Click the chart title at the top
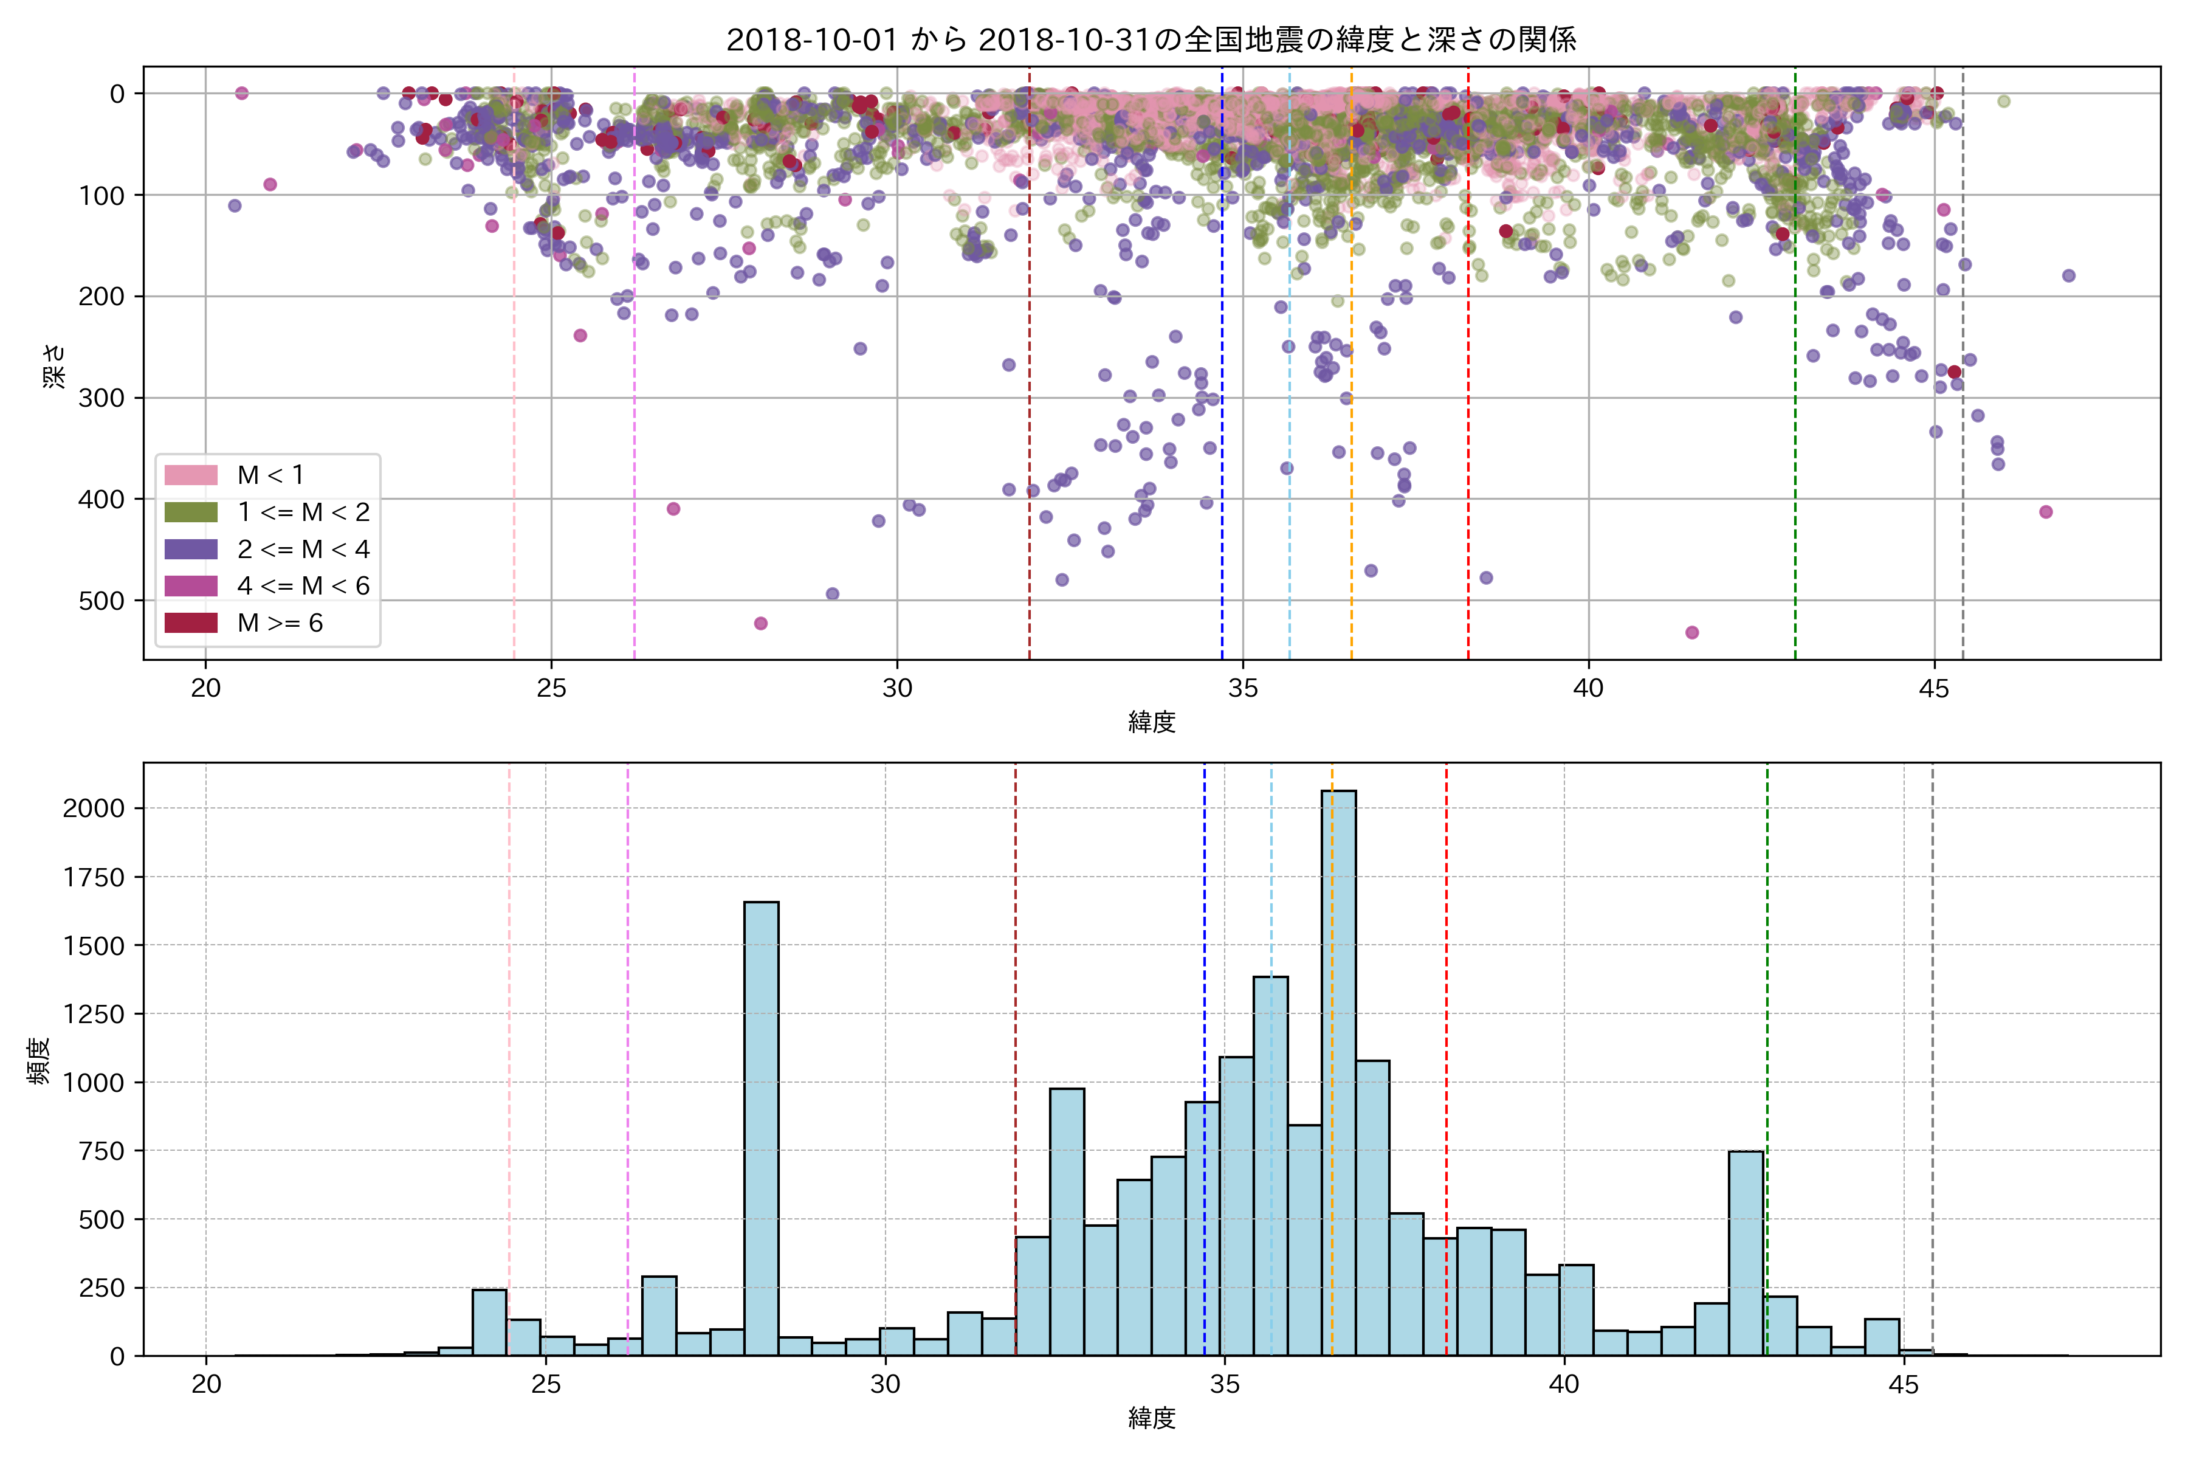pyautogui.click(x=1151, y=40)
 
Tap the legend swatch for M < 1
pyautogui.click(x=191, y=475)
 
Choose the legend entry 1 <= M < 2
pyautogui.click(x=303, y=512)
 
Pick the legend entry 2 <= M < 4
pyautogui.click(x=303, y=549)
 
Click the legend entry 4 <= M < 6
pyautogui.click(x=303, y=585)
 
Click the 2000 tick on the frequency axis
pyautogui.click(x=93, y=808)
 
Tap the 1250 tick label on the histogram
pyautogui.click(x=93, y=1014)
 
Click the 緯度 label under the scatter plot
pyautogui.click(x=1152, y=722)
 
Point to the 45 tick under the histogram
pyautogui.click(x=1904, y=1385)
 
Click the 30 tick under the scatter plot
pyautogui.click(x=897, y=689)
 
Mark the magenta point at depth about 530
pyautogui.click(x=1692, y=633)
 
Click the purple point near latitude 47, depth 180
pyautogui.click(x=2068, y=275)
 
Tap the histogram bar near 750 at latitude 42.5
pyautogui.click(x=1745, y=1252)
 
